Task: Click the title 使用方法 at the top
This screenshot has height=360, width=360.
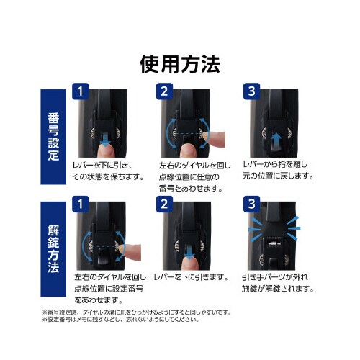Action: [x=179, y=64]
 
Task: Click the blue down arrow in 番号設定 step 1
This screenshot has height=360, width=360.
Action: [x=106, y=141]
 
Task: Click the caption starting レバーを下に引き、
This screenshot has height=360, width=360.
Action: [x=106, y=170]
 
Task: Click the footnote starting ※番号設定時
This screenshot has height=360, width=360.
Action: [x=137, y=312]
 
